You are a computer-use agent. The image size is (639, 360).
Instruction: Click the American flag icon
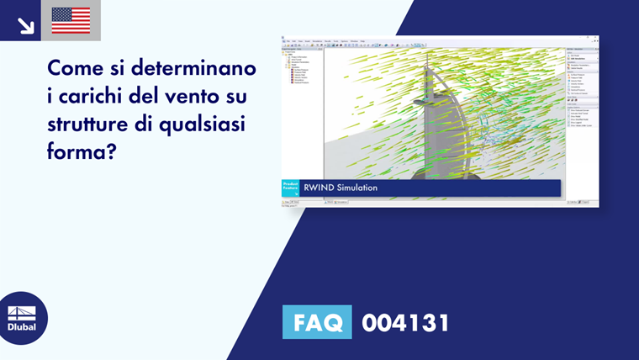[71, 20]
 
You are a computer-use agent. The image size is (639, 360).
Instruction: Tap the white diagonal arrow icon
[25, 24]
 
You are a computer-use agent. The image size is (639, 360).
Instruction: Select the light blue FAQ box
[316, 323]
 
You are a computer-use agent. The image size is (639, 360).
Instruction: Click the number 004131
[405, 323]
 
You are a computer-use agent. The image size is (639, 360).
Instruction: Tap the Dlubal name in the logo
[22, 327]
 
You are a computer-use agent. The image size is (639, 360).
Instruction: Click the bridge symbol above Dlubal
[22, 312]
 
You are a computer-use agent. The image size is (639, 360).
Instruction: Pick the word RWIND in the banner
[319, 188]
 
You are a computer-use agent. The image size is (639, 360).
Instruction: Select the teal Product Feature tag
[289, 188]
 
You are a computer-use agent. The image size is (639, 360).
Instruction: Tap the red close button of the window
[596, 39]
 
